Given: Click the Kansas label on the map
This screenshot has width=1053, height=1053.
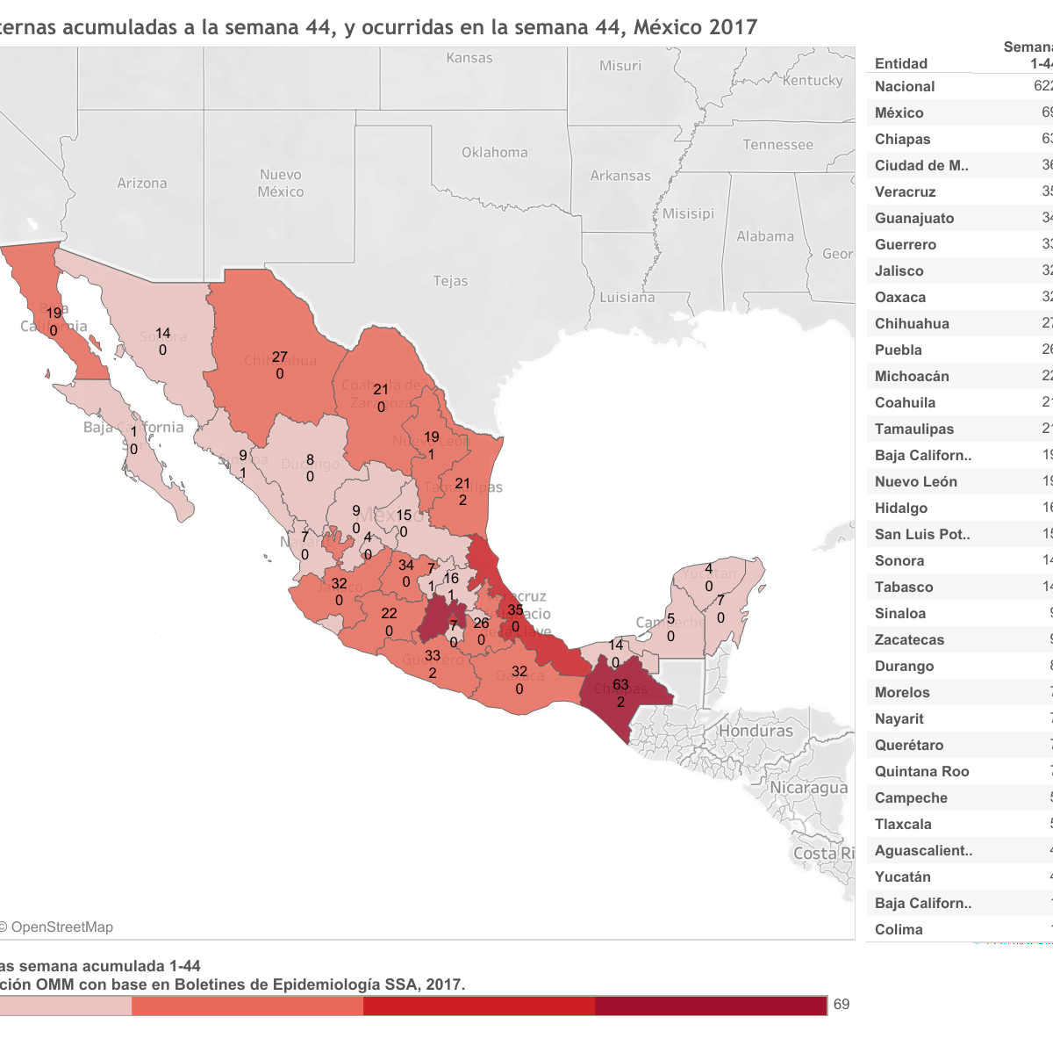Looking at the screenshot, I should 469,58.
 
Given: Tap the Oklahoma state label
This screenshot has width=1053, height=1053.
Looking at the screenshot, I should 495,152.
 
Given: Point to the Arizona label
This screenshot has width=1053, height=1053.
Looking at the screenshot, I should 142,183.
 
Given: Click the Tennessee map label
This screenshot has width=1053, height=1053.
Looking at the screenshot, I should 777,145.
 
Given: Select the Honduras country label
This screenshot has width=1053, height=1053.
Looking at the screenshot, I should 756,731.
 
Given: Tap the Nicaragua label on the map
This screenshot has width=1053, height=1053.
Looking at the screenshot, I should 808,788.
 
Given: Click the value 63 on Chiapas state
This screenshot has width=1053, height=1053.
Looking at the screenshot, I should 620,685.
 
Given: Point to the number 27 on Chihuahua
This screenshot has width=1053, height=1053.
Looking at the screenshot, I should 279,357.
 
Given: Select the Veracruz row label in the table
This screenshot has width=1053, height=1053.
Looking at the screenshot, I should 905,191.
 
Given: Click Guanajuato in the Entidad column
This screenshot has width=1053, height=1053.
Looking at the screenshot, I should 913,218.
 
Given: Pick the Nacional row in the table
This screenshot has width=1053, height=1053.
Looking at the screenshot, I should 905,86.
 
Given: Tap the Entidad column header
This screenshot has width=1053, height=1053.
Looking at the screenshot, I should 901,63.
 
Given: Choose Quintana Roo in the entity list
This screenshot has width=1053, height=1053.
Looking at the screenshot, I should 921,771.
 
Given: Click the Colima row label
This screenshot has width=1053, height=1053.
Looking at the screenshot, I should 899,929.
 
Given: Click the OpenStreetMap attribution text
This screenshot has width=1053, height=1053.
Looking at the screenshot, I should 57,927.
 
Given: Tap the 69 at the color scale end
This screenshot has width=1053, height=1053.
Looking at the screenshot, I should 842,1005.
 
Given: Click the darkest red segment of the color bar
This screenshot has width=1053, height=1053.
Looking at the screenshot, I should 711,1006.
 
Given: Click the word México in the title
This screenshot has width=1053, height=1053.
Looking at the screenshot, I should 670,27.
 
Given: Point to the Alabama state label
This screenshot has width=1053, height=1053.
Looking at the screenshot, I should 765,236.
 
